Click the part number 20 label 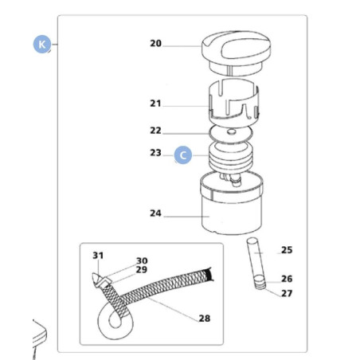tap(155, 43)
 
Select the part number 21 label tap(155, 104)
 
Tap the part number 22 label tap(155, 131)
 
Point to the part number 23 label tap(155, 152)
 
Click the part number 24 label tap(155, 213)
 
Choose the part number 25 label tap(287, 250)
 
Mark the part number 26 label tap(287, 279)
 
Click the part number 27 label tap(287, 293)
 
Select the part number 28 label tap(204, 319)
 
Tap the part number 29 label tap(141, 270)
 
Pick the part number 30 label tap(141, 260)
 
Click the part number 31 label tap(98, 256)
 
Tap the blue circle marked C tap(182, 155)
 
